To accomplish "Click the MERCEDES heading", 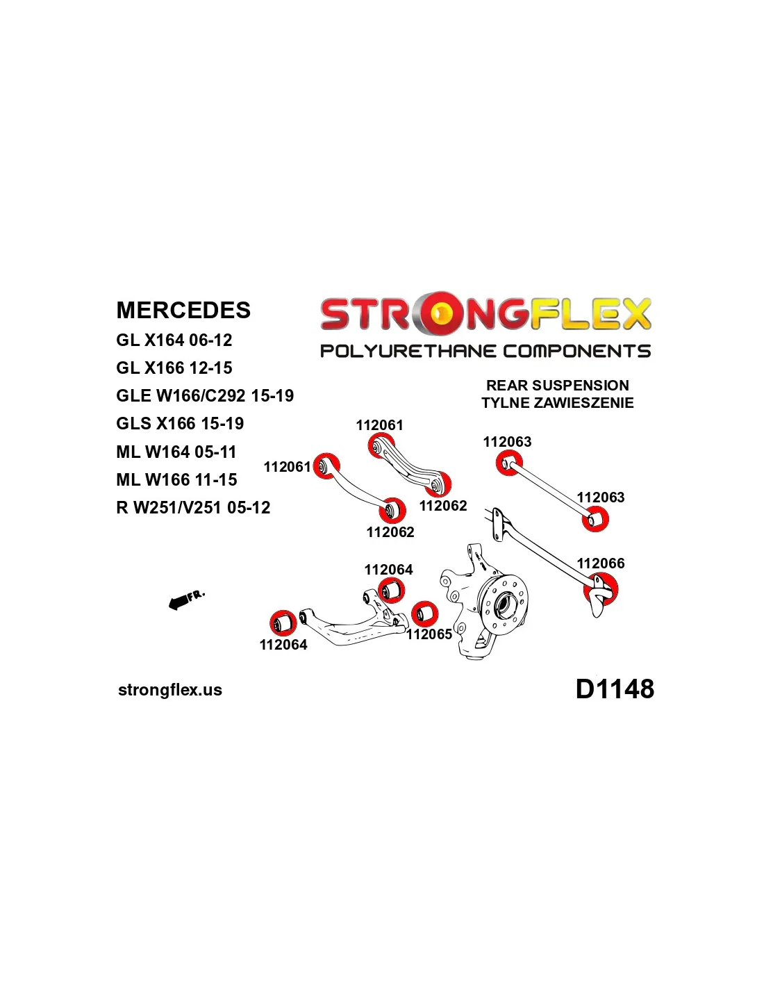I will (183, 310).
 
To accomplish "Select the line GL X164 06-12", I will (174, 340).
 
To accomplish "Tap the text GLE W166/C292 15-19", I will (205, 395).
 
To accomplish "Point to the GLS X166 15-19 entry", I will (180, 423).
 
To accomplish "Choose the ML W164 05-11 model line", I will (176, 452).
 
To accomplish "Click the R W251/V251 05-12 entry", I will (193, 507).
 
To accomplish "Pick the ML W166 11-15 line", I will (176, 479).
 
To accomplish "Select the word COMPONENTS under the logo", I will (576, 351).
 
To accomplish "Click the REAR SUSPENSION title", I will (558, 385).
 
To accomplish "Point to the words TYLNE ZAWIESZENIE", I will (558, 402).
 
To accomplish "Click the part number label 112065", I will (429, 634).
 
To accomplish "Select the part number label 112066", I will (601, 563).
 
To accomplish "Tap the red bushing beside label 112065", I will (424, 614).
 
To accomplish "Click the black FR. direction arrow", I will (180, 600).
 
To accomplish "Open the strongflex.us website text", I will (170, 690).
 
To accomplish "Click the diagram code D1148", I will (615, 689).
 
